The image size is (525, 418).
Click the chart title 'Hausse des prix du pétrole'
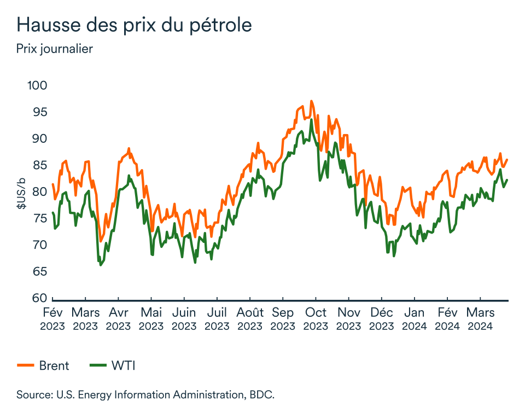134,25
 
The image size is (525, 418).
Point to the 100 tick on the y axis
37,85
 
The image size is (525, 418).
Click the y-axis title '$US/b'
21,194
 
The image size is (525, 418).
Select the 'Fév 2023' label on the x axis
52,320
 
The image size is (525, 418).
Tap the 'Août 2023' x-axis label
250,320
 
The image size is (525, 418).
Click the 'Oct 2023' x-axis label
316,320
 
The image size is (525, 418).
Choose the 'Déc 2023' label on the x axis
382,320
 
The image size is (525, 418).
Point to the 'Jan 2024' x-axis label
414,320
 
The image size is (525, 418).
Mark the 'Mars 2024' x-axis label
480,320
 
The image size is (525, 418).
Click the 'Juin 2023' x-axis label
184,320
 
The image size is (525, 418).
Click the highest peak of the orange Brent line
311,101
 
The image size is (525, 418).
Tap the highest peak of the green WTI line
311,119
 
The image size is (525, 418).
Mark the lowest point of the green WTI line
100,265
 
